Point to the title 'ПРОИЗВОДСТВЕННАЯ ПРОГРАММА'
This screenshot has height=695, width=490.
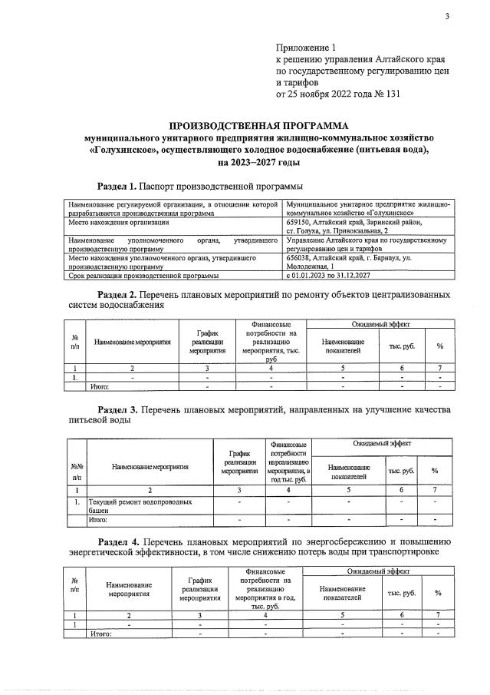(258, 125)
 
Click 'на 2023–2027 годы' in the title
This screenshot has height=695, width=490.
(258, 164)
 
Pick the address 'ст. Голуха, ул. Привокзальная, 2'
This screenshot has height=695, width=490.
(337, 230)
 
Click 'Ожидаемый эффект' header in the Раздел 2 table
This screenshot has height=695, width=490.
(380, 326)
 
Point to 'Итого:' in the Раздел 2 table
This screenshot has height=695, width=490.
(100, 386)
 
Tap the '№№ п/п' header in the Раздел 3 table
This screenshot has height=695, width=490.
(77, 471)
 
